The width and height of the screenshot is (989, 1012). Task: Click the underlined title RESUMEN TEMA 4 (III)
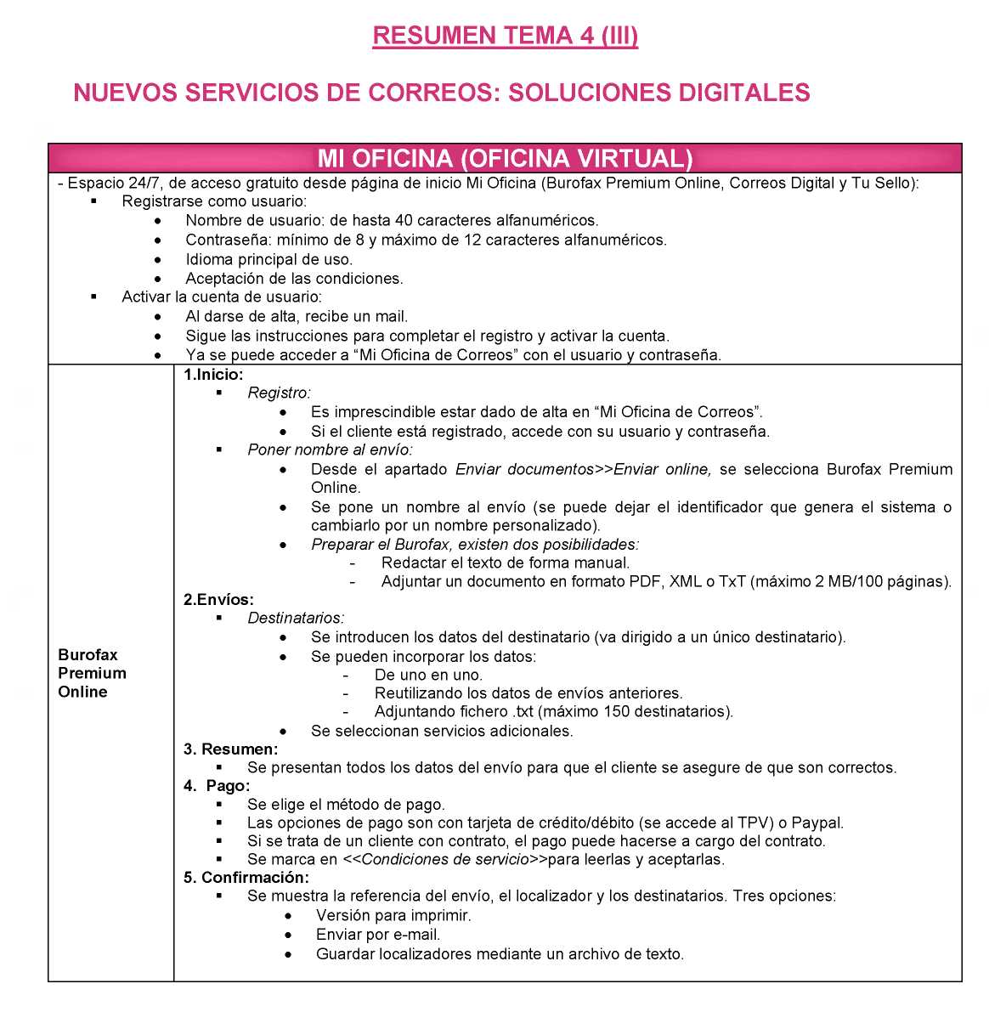click(x=505, y=36)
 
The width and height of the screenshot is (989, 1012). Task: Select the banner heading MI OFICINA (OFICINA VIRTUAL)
click(x=505, y=159)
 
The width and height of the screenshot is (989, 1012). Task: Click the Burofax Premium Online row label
click(x=92, y=673)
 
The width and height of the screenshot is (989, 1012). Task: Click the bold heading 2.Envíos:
click(x=218, y=600)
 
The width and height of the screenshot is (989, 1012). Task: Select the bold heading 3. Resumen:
click(x=230, y=749)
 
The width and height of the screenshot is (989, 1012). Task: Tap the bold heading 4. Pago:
click(x=217, y=786)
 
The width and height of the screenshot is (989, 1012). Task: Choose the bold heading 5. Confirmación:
click(x=246, y=877)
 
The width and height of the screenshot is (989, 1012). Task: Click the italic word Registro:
click(x=279, y=393)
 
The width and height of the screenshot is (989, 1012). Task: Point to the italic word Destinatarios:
click(x=296, y=619)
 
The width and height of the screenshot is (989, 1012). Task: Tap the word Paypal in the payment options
click(x=820, y=823)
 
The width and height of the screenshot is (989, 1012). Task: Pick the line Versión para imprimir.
click(x=393, y=916)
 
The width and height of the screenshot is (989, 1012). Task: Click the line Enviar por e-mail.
click(x=378, y=935)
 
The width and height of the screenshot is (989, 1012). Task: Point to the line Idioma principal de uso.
click(x=268, y=259)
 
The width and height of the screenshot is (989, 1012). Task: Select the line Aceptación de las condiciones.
click(x=294, y=279)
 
